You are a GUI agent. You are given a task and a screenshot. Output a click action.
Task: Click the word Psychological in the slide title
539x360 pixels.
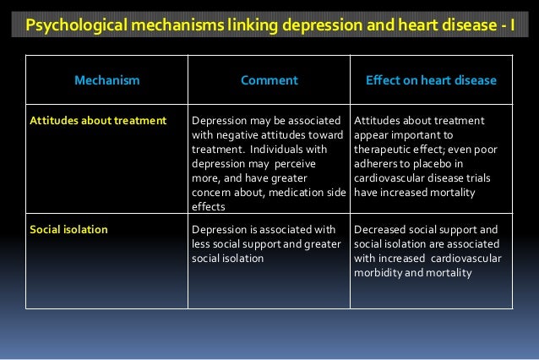tap(70, 24)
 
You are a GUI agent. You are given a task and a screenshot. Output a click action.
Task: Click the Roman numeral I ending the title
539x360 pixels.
tap(511, 24)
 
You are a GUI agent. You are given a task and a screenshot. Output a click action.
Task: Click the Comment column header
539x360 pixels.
tap(269, 81)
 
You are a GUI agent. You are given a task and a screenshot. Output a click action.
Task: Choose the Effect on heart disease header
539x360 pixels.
tap(431, 81)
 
